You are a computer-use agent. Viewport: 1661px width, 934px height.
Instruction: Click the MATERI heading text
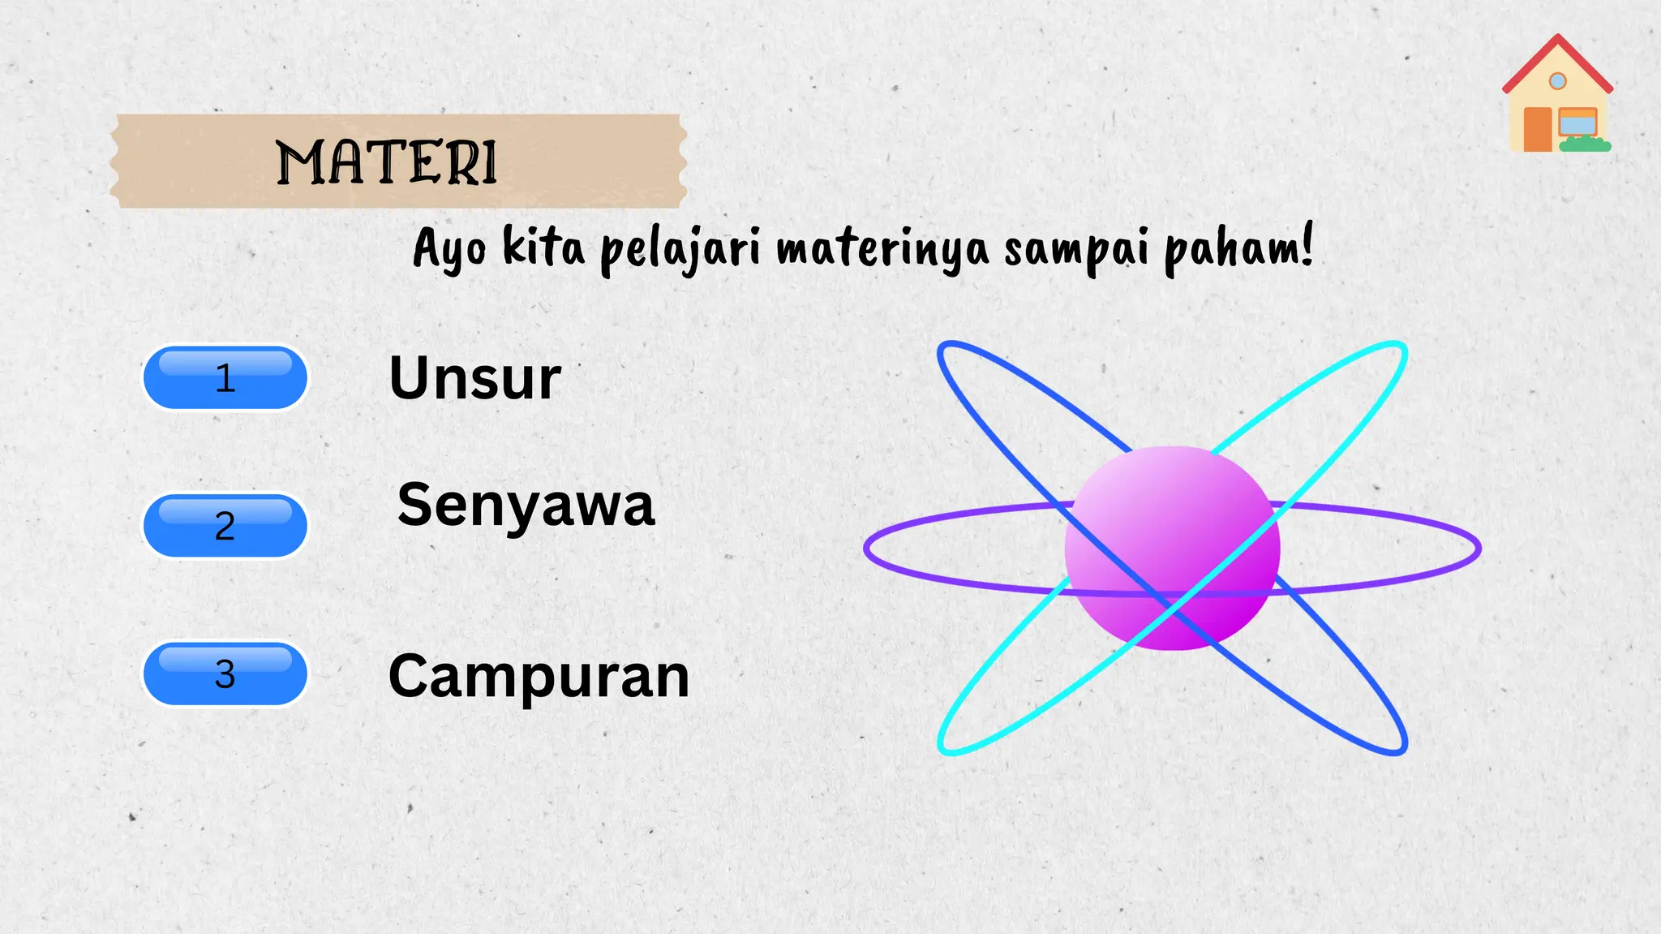386,162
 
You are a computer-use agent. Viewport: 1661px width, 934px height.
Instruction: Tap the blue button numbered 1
225,378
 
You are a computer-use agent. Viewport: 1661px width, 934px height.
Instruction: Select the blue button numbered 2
225,526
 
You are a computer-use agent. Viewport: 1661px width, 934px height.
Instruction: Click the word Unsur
475,378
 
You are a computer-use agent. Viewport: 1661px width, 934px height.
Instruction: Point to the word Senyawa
526,506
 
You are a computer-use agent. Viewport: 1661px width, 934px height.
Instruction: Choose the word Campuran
539,676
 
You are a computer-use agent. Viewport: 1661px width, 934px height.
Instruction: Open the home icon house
1557,97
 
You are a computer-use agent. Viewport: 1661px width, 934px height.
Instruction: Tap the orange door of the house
1537,130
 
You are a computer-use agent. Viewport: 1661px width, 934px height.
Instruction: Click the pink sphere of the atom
1172,548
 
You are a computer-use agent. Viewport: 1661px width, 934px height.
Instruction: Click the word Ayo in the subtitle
450,248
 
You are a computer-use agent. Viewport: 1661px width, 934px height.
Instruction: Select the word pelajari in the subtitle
680,248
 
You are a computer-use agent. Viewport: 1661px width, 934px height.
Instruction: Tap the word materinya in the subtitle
882,248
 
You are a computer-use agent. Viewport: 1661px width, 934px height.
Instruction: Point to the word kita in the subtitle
543,247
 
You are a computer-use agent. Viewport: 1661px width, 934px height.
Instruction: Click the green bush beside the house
1586,145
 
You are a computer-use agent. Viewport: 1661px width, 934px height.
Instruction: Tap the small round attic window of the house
1557,81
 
